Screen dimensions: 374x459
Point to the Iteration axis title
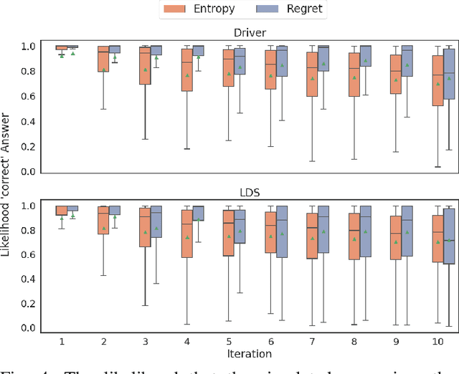click(247, 353)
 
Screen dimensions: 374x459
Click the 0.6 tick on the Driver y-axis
click(27, 96)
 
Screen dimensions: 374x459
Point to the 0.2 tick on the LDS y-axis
click(27, 304)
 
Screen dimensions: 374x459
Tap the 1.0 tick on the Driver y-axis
click(27, 47)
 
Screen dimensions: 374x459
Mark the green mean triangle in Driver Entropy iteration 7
click(312, 78)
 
